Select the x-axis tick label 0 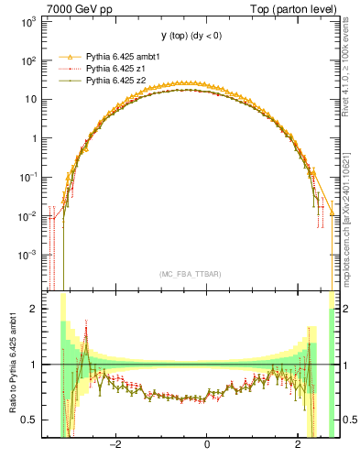coord(207,445)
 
